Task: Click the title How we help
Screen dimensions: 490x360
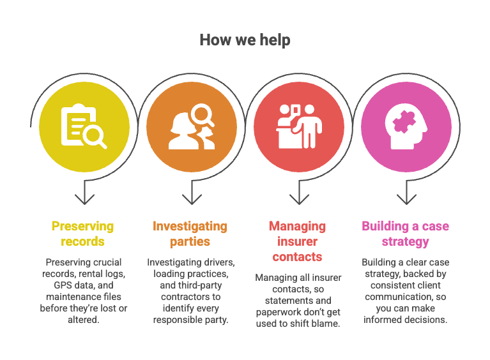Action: point(245,40)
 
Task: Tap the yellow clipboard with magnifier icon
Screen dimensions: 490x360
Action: point(84,126)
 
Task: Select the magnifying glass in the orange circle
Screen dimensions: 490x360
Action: point(203,115)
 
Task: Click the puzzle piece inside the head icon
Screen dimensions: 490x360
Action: point(404,122)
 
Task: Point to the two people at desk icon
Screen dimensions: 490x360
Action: point(299,126)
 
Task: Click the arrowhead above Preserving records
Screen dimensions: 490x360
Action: point(84,200)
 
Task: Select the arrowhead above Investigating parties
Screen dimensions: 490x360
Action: point(192,200)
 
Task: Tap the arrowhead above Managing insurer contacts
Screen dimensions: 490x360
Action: point(299,200)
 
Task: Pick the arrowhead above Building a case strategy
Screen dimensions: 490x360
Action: point(406,200)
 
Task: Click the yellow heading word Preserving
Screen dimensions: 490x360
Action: point(82,227)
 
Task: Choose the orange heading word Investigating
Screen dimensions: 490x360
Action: point(190,227)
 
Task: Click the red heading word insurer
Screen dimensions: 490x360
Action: point(297,241)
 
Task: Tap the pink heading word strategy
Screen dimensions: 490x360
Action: point(405,242)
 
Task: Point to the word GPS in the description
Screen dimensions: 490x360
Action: point(62,285)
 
